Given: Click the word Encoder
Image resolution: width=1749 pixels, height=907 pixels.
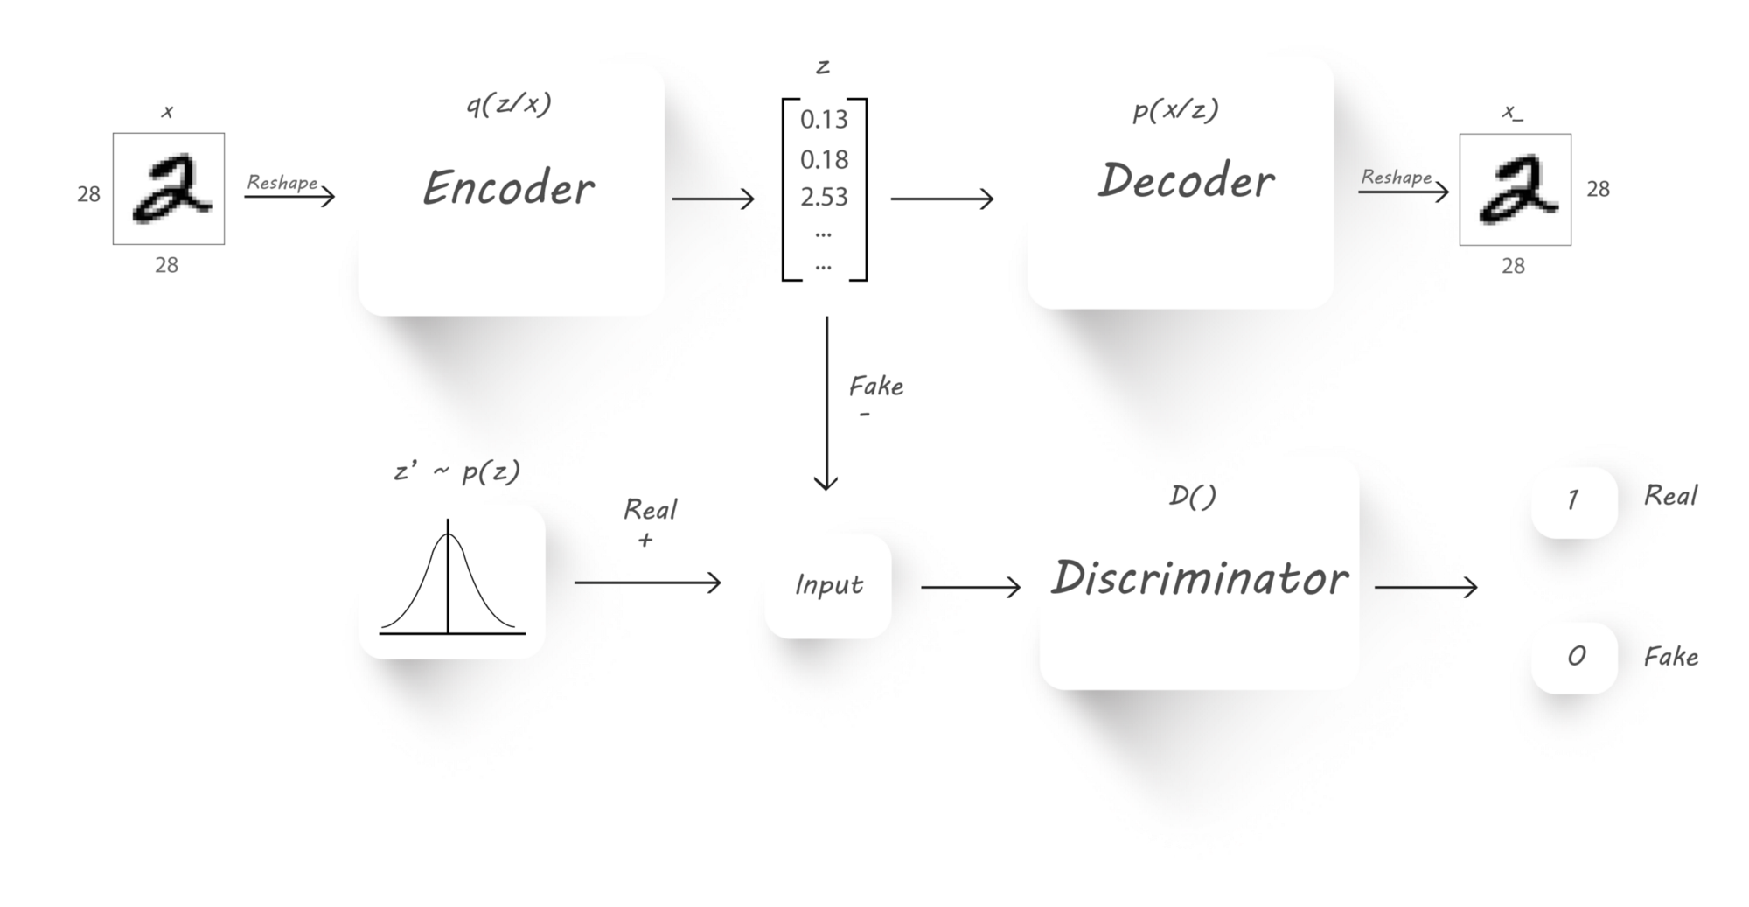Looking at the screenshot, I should click(508, 188).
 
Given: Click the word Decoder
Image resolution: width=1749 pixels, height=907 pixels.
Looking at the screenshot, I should click(1186, 181).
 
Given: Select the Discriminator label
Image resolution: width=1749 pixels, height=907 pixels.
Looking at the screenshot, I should click(1200, 578).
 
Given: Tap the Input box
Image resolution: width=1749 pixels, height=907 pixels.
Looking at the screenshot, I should click(828, 585).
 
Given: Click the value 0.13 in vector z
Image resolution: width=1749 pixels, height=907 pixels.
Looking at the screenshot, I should click(824, 120).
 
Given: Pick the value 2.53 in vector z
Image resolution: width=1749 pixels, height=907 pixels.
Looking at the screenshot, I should click(824, 197).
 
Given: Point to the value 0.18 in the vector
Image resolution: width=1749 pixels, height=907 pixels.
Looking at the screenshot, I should click(824, 159).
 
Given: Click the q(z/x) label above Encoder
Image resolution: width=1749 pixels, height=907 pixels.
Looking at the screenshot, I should click(508, 105).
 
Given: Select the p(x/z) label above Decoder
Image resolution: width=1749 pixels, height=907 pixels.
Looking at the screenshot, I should click(1175, 110).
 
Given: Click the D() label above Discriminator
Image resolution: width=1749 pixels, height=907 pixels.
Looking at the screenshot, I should click(1193, 497).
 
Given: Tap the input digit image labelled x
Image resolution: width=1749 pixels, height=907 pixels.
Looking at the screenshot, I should click(169, 189).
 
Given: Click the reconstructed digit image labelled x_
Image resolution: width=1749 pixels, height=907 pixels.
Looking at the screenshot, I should click(1515, 189).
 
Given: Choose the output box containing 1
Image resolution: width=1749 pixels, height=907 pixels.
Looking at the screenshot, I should click(1573, 500).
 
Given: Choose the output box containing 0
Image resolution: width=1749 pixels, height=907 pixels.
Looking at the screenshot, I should click(1574, 657).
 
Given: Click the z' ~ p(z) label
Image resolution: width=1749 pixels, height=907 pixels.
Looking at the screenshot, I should click(456, 472).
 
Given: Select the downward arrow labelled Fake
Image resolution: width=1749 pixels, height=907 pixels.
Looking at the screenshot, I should click(826, 402).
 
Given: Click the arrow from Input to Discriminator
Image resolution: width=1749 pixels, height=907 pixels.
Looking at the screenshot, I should click(971, 587).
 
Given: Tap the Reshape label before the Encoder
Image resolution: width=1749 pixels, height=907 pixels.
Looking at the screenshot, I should click(282, 183).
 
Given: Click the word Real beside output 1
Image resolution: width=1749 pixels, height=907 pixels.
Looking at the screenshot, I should click(1670, 496).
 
